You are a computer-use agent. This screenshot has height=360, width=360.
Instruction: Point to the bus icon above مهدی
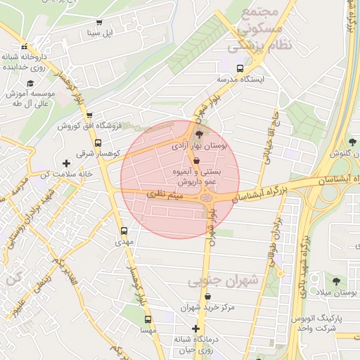coord(124,231)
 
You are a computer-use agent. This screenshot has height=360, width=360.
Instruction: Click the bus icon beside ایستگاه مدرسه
coord(240,69)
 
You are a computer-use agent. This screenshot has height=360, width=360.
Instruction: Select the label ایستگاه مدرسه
coord(240,79)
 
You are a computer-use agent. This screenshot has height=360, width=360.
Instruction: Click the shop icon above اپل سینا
coord(98,22)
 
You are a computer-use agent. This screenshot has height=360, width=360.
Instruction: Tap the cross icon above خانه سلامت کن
coord(67,163)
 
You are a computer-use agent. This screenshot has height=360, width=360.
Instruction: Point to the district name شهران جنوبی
coord(224,281)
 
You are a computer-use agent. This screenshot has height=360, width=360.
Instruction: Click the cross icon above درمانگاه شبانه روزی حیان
coord(195,329)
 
